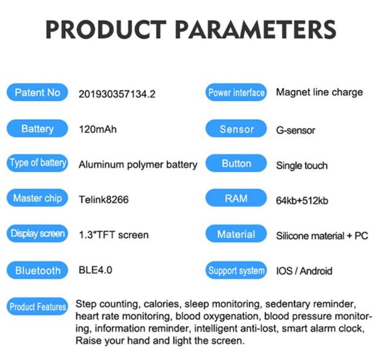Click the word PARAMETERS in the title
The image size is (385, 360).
[x=256, y=29]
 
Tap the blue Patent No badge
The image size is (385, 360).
[x=38, y=92]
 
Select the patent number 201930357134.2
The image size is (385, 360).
[x=117, y=94]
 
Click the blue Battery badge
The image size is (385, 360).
[x=38, y=129]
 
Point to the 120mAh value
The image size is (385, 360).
[x=98, y=129]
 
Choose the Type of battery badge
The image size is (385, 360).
[x=38, y=163]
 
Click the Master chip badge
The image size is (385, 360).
[x=38, y=198]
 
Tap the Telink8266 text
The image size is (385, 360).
[x=103, y=199]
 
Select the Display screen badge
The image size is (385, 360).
[x=38, y=233]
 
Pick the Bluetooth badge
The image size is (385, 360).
[x=38, y=270]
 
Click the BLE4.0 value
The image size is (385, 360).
[x=95, y=270]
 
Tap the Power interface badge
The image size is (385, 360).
[x=236, y=92]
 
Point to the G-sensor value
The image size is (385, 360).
[x=296, y=130]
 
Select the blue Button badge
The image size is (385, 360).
[x=236, y=163]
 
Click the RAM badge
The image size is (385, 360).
[x=236, y=198]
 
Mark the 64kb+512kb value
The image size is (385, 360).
[x=302, y=201]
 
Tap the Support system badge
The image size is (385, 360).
[x=236, y=270]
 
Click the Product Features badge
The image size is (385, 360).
[x=38, y=306]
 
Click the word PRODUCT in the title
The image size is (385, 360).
[x=106, y=29]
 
